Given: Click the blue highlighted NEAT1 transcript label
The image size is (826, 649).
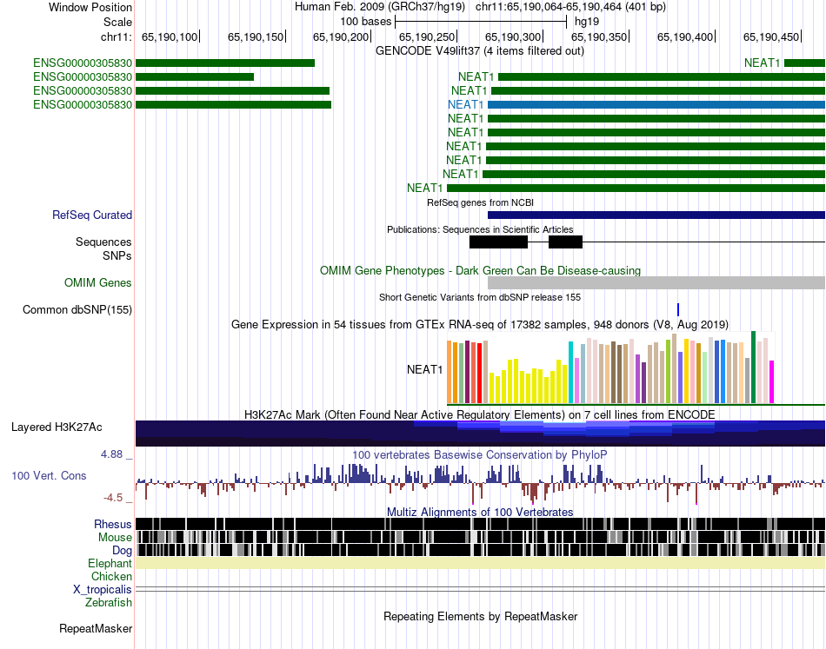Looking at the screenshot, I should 465,104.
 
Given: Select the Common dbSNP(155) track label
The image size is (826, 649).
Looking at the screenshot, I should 77,310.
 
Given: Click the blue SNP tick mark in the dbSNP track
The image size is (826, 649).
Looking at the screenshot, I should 678,309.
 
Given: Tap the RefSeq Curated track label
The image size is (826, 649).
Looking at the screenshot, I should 92,215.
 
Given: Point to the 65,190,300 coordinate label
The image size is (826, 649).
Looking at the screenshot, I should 512,37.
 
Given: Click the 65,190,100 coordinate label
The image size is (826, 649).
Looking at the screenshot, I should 170,37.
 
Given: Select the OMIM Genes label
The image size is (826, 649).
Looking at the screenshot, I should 97,283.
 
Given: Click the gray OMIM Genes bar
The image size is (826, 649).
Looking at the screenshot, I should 656,282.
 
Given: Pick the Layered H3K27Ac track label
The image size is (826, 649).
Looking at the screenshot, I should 57,427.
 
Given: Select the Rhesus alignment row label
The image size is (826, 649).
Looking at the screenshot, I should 113,525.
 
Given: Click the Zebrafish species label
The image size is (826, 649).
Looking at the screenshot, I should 109,602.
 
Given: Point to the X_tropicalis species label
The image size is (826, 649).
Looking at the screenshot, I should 103,589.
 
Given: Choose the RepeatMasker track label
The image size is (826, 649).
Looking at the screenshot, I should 96,628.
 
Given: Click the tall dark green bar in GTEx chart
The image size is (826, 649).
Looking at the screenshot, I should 754,367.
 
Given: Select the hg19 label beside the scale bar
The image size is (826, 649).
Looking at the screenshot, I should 586,21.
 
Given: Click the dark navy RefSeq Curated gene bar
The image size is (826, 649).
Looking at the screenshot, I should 656,215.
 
